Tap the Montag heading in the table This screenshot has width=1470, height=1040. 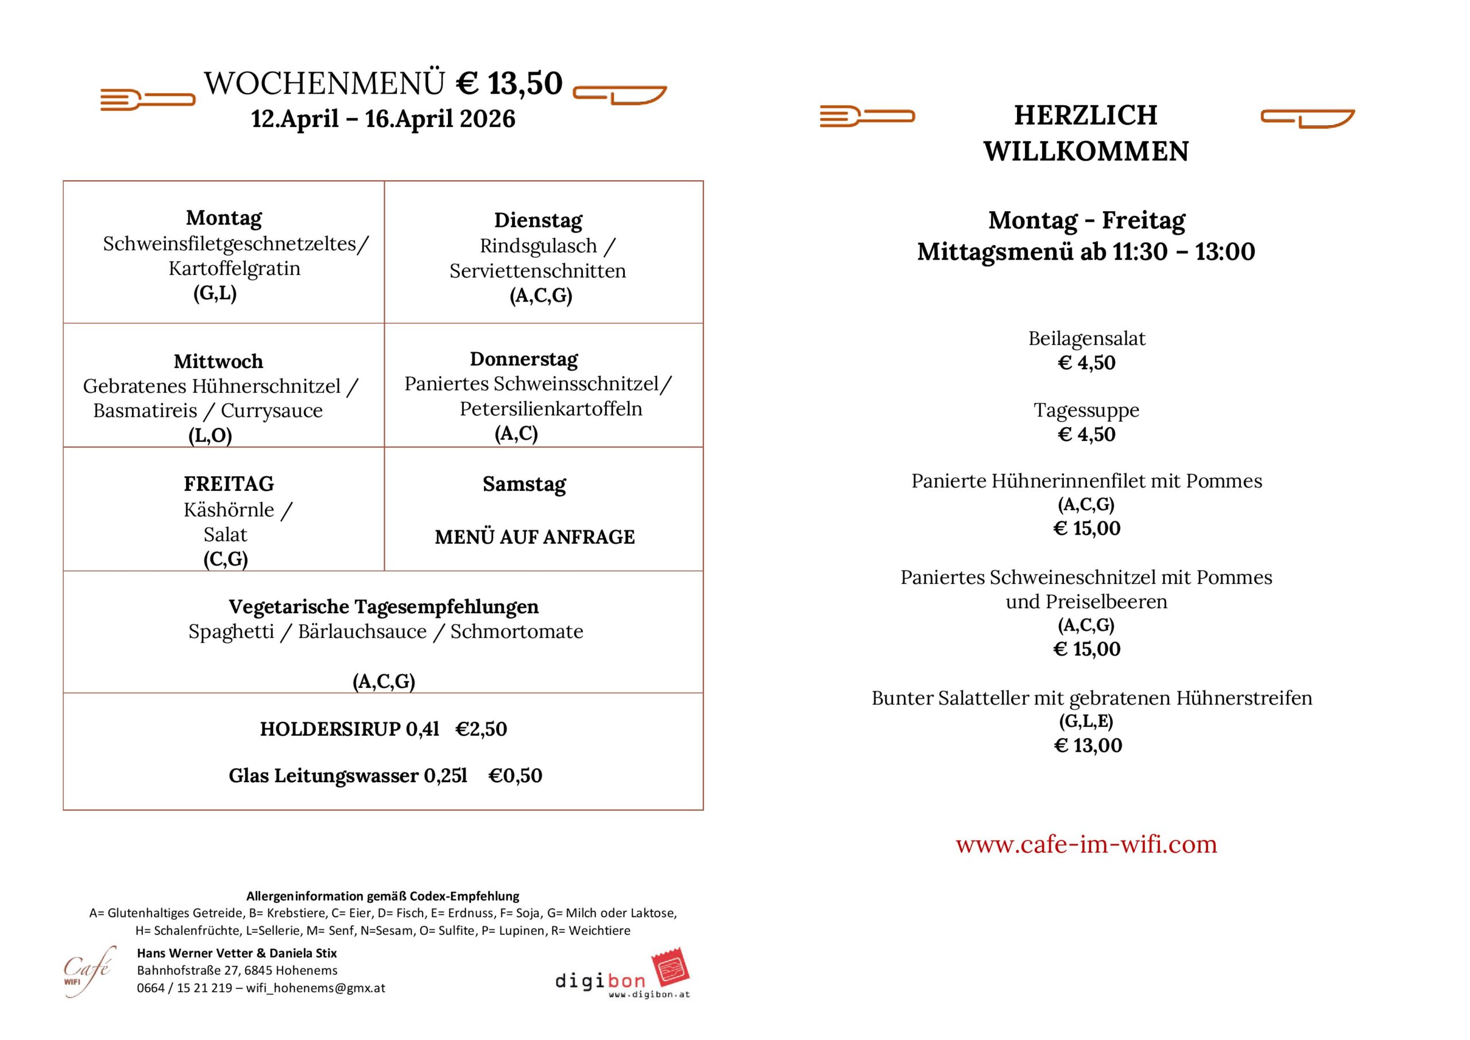223,218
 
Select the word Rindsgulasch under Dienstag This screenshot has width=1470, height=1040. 538,246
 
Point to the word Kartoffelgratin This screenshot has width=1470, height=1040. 234,268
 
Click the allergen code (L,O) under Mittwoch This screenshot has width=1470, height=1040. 210,435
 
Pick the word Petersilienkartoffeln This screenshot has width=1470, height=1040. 551,408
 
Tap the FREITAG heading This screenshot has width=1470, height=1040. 229,484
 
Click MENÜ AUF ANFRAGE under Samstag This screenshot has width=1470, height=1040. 535,536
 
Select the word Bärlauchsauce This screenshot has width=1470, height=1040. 362,632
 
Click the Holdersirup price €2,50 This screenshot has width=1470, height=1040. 481,729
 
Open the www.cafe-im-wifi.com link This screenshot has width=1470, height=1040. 1086,844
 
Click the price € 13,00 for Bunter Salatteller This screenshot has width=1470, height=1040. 1088,745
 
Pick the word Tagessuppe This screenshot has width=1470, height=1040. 1086,410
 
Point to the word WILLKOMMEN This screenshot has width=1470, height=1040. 1086,152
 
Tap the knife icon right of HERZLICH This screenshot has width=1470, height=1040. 1307,118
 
